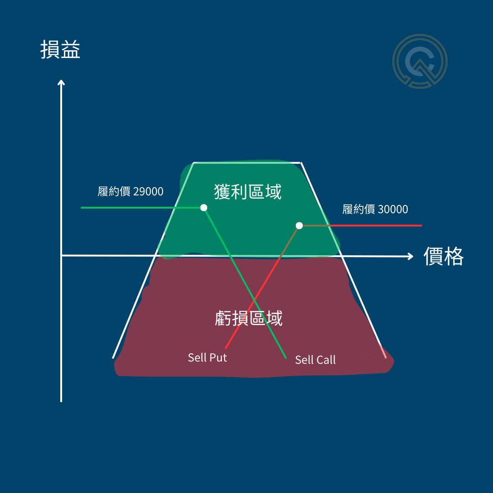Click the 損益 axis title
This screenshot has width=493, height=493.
[60, 50]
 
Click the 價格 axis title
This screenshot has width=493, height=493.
[443, 257]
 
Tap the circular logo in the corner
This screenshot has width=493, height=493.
[420, 61]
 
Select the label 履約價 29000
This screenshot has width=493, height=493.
[131, 191]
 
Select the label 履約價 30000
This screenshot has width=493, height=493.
[375, 210]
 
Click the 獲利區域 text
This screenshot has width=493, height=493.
[248, 192]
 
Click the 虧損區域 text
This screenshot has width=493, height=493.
[249, 318]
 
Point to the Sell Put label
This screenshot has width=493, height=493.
[207, 357]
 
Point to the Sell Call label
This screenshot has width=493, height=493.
[315, 360]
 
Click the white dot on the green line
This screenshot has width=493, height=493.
[204, 208]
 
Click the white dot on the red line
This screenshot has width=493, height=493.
[299, 226]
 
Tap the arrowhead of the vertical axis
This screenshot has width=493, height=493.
[61, 83]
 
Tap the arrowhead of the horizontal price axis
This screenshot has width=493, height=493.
[409, 256]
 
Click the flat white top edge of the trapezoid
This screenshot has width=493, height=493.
[246, 163]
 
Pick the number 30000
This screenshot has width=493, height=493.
[393, 210]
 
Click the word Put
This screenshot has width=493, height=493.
[218, 357]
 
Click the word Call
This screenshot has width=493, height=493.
[325, 360]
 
